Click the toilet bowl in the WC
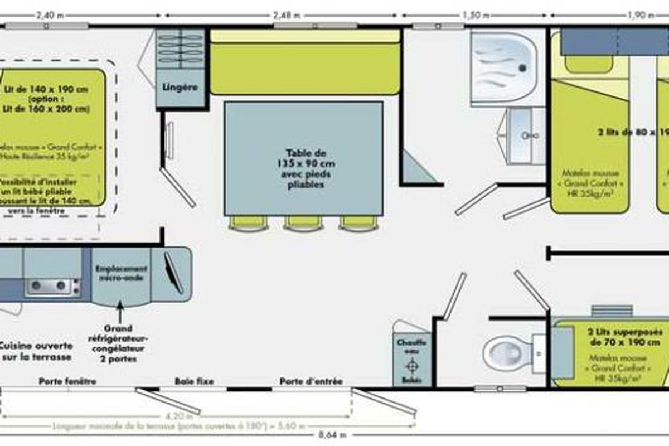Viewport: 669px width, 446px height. [505, 352]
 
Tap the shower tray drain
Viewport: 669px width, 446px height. [522, 67]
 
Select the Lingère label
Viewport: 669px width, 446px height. [180, 88]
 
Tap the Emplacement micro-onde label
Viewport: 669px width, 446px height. [121, 273]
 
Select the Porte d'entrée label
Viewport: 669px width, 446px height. [311, 381]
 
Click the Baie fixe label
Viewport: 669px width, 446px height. [194, 381]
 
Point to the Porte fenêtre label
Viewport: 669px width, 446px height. [67, 381]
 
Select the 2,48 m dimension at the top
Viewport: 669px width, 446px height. [287, 15]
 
